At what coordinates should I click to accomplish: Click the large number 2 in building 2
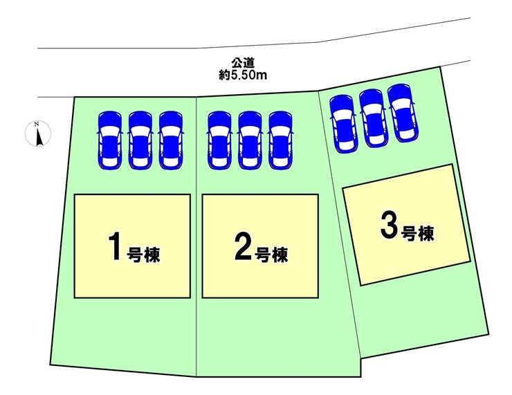(241, 248)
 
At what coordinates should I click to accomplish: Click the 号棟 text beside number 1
(144, 254)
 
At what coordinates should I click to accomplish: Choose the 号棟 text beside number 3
(417, 234)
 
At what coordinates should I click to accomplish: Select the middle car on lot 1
(140, 139)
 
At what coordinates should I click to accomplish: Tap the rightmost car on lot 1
(170, 139)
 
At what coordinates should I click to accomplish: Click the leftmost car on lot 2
(219, 139)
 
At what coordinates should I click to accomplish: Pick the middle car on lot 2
(250, 139)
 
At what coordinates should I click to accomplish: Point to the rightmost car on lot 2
(280, 139)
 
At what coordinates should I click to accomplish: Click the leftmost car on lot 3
(344, 123)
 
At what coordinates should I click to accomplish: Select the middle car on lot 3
(373, 118)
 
